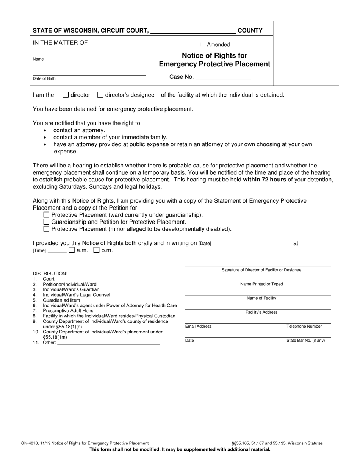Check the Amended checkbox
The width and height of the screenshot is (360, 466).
point(202,44)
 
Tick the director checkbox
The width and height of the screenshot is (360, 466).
point(66,95)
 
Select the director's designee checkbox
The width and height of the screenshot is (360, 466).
point(100,95)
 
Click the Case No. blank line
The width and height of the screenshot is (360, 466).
point(223,77)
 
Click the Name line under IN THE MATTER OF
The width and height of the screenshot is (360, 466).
point(89,53)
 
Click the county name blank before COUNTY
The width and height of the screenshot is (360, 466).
point(193,31)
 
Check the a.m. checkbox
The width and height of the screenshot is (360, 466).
point(72,250)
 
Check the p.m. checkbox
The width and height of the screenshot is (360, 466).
point(96,250)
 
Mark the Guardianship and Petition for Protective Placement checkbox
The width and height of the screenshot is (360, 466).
point(46,222)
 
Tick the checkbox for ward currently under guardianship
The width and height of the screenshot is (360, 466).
point(46,215)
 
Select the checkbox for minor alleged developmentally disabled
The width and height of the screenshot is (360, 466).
point(46,229)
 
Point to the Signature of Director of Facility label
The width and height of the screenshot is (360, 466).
point(261,270)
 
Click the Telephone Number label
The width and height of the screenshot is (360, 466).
point(304,326)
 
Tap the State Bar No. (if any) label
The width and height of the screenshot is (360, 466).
point(305,340)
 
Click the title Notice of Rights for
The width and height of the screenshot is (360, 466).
point(214,56)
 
